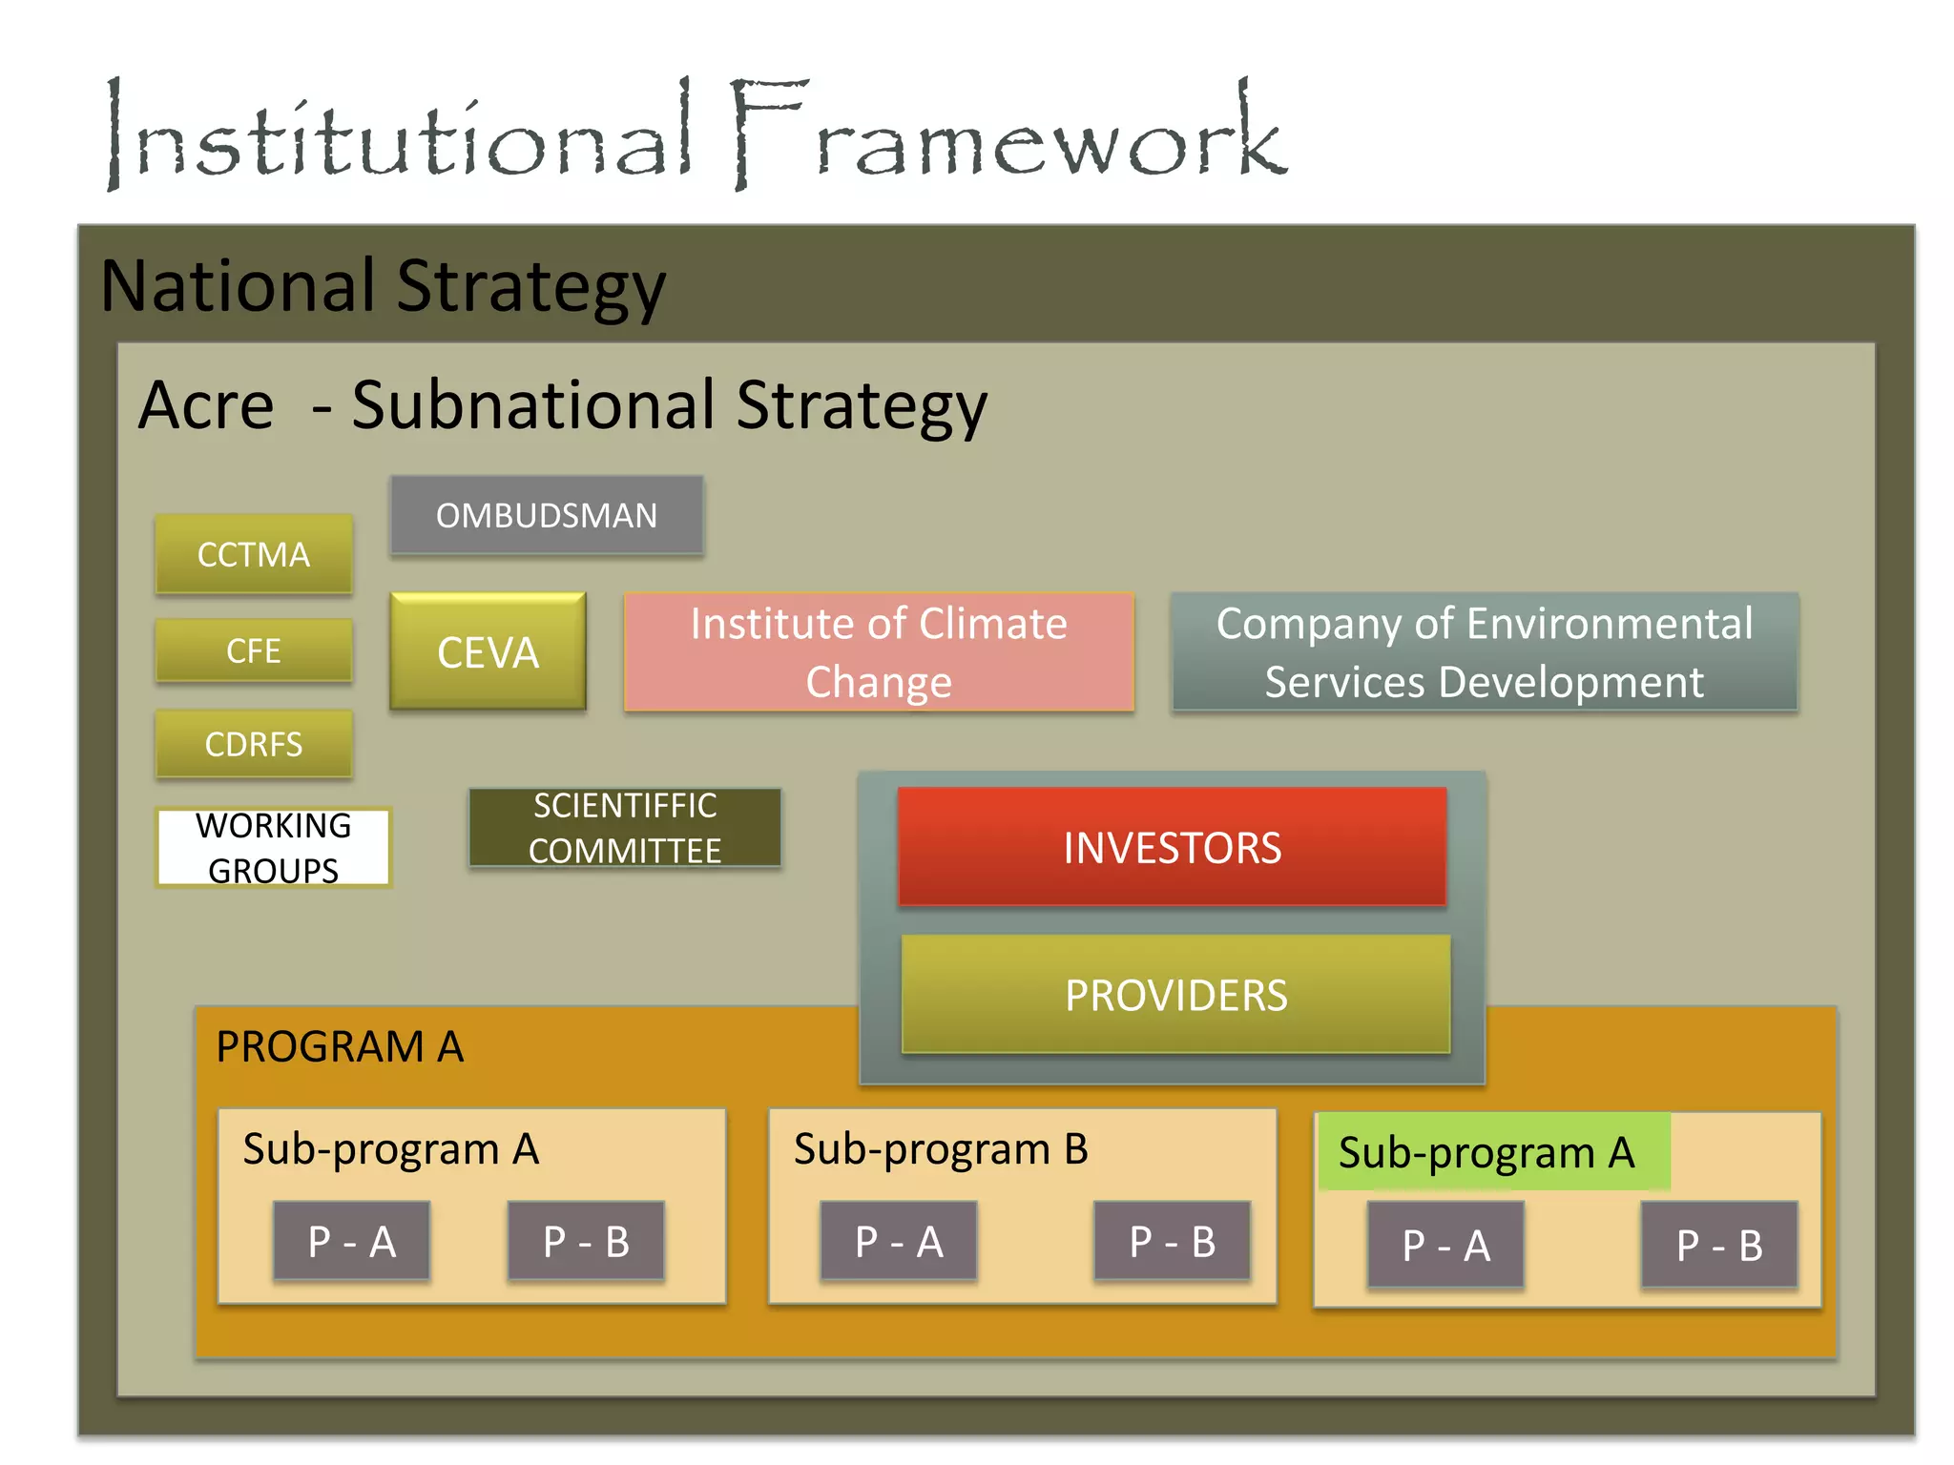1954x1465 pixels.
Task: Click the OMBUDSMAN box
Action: pos(547,515)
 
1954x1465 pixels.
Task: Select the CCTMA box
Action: pos(254,554)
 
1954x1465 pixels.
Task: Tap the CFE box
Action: pos(254,650)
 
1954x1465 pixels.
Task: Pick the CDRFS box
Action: pos(254,744)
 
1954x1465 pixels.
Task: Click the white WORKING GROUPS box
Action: pos(274,847)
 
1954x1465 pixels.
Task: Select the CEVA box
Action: pos(488,652)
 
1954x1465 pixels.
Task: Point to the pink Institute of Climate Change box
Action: pos(879,652)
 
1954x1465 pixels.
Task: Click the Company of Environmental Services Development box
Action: pos(1484,652)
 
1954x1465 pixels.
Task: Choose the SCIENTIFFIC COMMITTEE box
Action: pos(625,828)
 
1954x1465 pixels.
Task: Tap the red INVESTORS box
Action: pos(1173,847)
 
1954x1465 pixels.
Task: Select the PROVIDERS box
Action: pos(1175,995)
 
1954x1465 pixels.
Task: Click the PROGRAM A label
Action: pos(340,1046)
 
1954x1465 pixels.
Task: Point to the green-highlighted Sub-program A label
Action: pos(1486,1152)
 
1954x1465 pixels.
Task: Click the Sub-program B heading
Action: pos(941,1148)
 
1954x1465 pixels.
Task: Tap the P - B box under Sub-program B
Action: pos(1173,1241)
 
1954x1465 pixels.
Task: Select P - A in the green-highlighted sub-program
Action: pos(1445,1245)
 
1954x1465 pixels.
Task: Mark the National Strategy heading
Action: pos(384,285)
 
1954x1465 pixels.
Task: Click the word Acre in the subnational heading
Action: pos(206,405)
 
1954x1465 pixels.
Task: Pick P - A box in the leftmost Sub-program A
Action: pos(351,1241)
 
